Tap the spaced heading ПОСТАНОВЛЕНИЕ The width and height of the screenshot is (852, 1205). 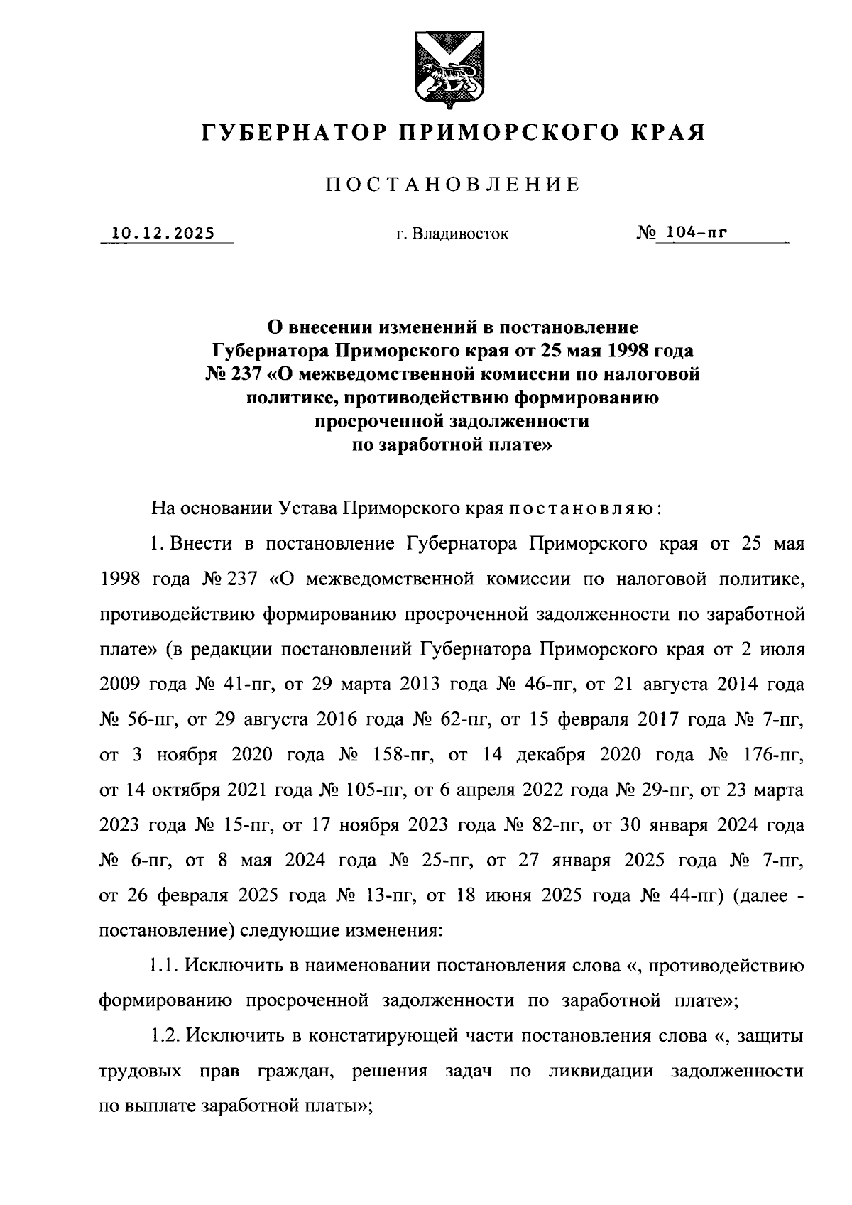pos(453,185)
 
